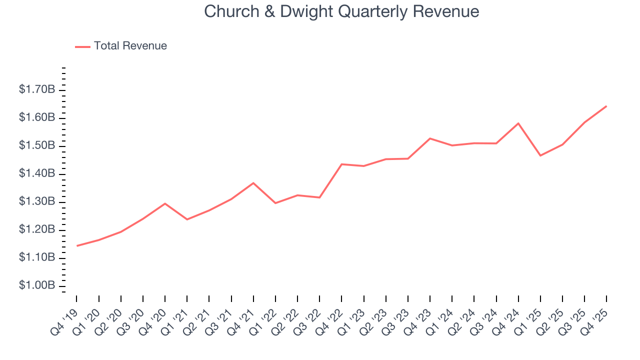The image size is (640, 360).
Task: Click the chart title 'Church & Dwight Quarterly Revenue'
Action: point(341,11)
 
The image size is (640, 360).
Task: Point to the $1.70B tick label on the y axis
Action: point(37,90)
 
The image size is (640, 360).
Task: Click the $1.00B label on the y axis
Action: point(37,285)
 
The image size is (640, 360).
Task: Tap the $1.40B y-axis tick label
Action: point(37,174)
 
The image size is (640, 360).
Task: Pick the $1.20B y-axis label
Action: point(37,230)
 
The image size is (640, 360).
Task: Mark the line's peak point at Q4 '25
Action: point(606,106)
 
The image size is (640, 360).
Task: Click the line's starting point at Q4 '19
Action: point(77,245)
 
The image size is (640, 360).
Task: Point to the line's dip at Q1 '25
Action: point(540,155)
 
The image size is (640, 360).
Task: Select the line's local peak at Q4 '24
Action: point(518,123)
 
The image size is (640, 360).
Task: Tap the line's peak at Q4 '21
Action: point(253,183)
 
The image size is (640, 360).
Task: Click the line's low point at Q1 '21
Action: point(187,219)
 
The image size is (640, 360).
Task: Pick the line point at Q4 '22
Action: point(341,164)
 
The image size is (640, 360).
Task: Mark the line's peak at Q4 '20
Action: point(165,203)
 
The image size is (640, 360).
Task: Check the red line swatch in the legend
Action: point(82,46)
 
